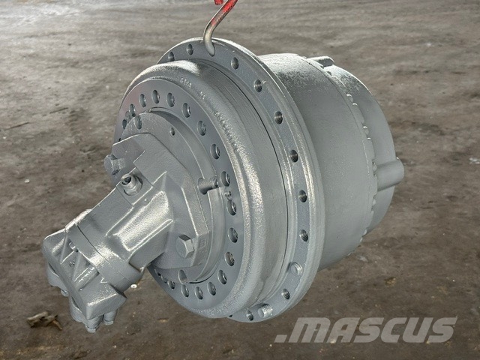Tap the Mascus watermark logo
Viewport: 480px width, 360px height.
[366, 330]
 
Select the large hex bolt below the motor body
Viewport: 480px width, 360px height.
[185, 245]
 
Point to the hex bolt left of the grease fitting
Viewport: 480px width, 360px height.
[113, 163]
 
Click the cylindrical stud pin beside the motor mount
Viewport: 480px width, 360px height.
[208, 184]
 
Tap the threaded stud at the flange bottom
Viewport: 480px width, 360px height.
[265, 311]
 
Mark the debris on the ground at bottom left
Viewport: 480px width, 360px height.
[43, 320]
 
